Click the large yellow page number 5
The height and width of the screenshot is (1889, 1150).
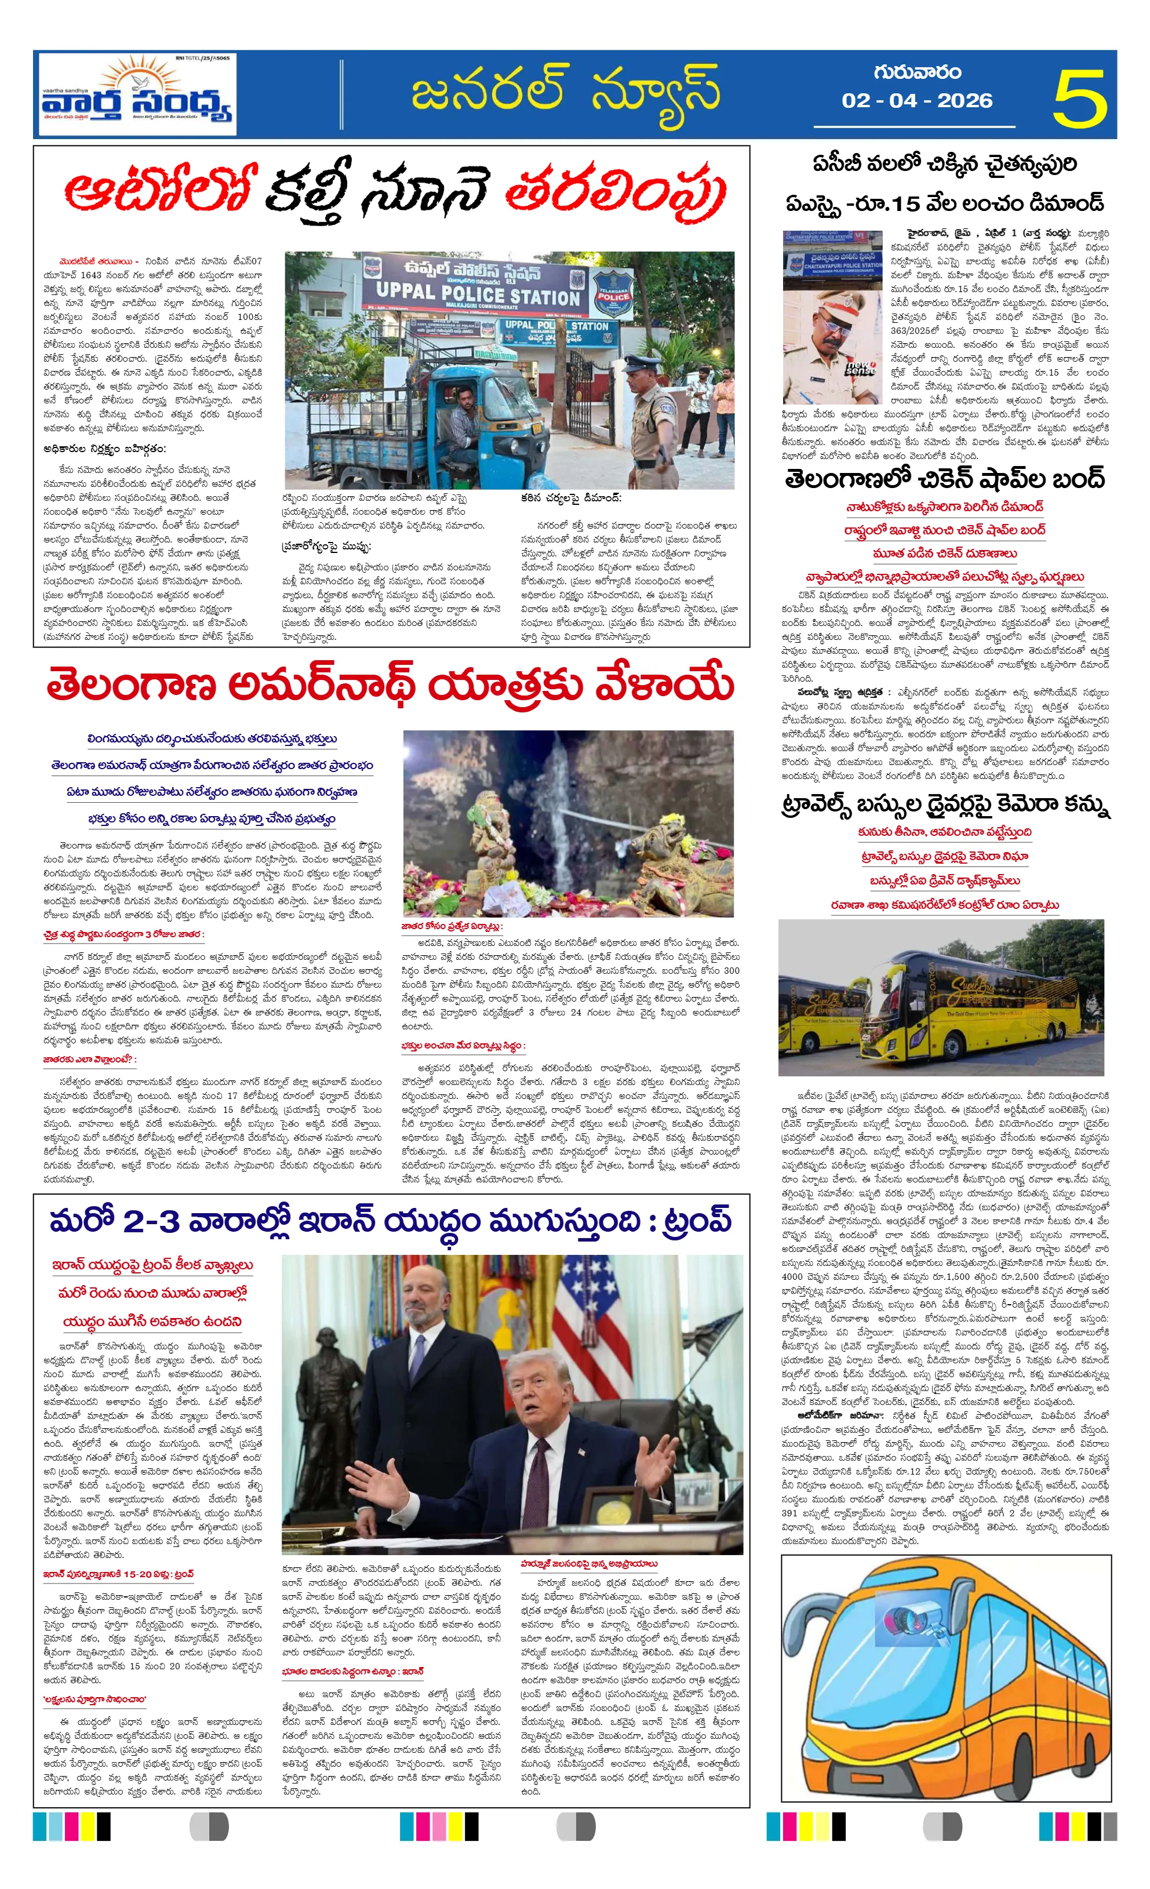pos(1079,97)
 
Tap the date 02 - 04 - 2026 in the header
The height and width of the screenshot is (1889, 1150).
pos(916,100)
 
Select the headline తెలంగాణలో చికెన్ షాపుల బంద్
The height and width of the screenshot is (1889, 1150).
pos(945,479)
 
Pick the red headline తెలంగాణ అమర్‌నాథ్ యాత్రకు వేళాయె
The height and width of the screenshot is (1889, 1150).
pos(390,685)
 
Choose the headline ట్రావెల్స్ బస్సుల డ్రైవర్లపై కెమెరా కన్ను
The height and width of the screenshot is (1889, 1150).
pos(945,806)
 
